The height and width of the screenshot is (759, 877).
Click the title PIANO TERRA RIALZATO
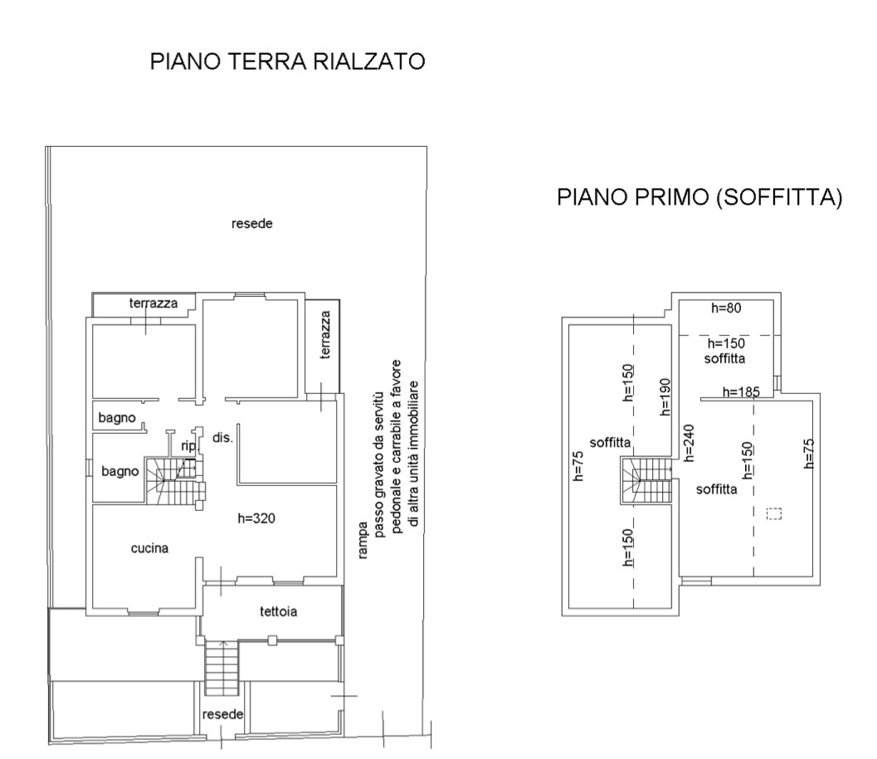point(287,61)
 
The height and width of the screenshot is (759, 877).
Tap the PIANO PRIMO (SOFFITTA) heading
point(699,197)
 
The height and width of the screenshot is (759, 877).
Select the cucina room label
point(149,548)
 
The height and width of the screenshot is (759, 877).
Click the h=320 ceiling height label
point(256,518)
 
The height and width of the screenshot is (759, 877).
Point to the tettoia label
point(278,611)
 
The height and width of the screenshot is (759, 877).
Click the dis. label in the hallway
point(222,437)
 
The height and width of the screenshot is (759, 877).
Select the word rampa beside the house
point(363,540)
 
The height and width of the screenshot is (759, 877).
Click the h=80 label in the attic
point(726,308)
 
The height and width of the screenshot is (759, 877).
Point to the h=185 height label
point(741,392)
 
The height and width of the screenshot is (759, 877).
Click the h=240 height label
point(689,443)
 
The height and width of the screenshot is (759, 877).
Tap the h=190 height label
point(665,397)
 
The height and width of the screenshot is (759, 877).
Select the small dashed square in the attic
point(773,513)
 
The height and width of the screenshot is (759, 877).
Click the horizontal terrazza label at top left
point(153,303)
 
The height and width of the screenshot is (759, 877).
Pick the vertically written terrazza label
point(325,334)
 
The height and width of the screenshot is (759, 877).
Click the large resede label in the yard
point(251,224)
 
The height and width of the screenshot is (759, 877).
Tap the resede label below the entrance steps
point(222,714)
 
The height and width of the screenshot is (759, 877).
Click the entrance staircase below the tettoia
point(222,668)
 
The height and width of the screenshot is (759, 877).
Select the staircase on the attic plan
point(646,480)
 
